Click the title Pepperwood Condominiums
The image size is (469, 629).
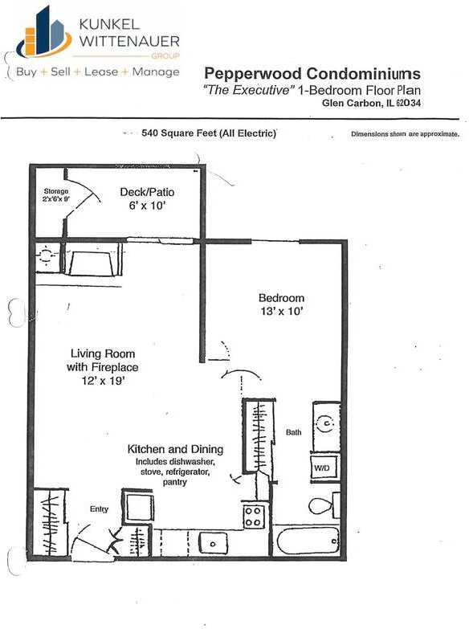coord(312,74)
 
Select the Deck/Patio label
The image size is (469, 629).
coord(147,193)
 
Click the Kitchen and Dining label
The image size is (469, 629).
coord(175,449)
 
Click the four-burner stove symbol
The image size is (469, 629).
coord(254,516)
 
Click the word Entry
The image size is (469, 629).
coord(100,509)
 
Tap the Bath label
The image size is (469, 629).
coord(294,432)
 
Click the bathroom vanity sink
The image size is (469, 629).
coord(326,420)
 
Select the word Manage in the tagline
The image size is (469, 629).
coord(157,72)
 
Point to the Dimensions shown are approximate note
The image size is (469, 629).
coord(405,134)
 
